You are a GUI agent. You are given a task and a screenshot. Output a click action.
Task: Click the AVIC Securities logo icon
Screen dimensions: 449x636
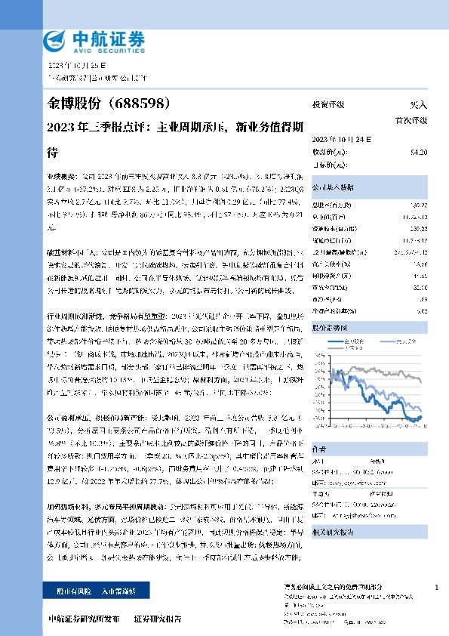[56, 39]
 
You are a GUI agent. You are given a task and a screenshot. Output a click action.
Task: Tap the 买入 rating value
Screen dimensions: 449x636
[418, 105]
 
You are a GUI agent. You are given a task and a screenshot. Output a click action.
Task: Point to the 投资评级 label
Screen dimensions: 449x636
[328, 105]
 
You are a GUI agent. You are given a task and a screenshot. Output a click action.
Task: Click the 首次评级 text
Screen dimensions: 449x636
[411, 119]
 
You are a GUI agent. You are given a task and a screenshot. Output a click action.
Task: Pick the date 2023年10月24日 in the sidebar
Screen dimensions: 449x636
[337, 140]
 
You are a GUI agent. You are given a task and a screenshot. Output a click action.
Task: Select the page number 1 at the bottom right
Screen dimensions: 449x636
[438, 587]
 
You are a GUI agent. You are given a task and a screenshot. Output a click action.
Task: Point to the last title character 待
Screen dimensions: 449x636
[53, 152]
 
